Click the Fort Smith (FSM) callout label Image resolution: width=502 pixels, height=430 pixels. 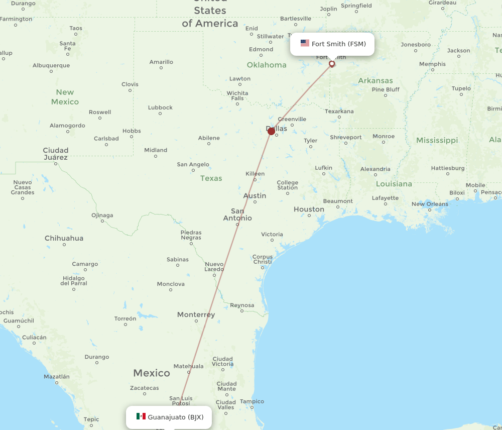point(332,44)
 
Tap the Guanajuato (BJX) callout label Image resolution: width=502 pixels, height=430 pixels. point(169,417)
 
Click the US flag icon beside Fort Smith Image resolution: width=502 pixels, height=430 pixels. point(305,43)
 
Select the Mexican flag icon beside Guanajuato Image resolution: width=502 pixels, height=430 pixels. point(141,416)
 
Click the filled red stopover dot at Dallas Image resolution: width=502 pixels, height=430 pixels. point(272,131)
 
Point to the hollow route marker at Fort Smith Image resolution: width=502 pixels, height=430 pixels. point(332,64)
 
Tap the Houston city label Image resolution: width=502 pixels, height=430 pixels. point(309,209)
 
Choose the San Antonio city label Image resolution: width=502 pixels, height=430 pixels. point(237,214)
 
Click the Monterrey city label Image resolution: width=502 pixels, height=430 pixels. point(196,315)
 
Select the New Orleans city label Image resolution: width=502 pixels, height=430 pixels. point(430,204)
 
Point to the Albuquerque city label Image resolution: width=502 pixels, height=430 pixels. point(51,65)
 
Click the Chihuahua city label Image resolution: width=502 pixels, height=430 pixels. point(64,238)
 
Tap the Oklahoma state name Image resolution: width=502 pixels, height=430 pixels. point(267,65)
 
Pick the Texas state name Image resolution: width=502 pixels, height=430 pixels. point(211,178)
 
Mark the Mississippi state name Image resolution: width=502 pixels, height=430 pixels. point(437,140)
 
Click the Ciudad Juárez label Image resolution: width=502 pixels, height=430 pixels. point(55,154)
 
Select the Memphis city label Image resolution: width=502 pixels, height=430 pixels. point(432,64)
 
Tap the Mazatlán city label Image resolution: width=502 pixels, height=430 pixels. point(57,376)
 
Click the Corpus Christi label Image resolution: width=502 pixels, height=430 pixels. point(263,259)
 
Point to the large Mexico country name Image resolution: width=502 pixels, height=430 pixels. point(152,373)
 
